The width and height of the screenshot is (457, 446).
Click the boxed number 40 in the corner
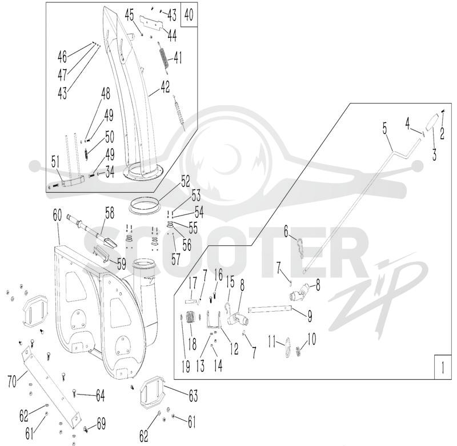click(x=189, y=15)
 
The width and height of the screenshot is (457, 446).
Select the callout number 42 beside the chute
click(x=165, y=87)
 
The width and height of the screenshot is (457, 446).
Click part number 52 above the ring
click(x=185, y=181)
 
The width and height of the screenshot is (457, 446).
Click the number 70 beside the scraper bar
click(x=12, y=381)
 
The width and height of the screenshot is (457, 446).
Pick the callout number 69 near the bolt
click(x=101, y=424)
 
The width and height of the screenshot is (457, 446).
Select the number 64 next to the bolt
click(x=101, y=396)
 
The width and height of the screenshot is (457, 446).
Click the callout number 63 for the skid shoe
click(x=193, y=396)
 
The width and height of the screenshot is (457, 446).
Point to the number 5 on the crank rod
click(x=384, y=129)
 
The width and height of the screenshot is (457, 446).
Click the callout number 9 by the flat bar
click(x=310, y=316)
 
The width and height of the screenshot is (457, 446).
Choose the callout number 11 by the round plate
click(x=272, y=341)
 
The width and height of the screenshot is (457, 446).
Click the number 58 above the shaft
click(x=110, y=213)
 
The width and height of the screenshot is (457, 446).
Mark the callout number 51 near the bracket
click(x=55, y=162)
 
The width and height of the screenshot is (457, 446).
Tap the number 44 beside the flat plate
click(x=172, y=35)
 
